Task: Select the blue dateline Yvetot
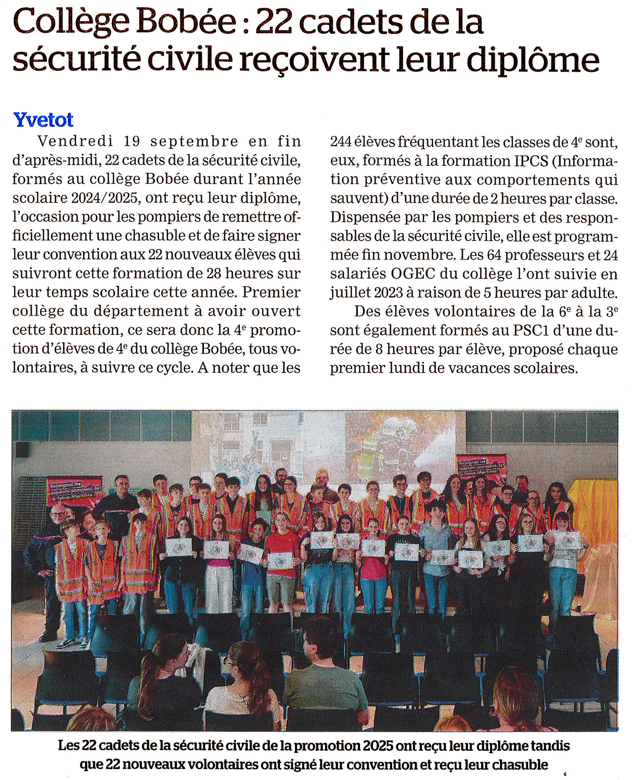pos(43,120)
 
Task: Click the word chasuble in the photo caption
pos(520,764)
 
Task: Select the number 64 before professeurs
pos(495,255)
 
